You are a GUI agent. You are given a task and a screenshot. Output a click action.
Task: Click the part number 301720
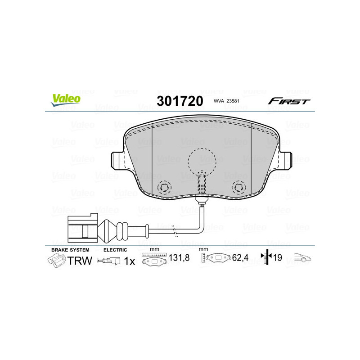pyautogui.click(x=180, y=101)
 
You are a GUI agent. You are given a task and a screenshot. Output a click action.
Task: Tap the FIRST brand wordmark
pyautogui.click(x=289, y=101)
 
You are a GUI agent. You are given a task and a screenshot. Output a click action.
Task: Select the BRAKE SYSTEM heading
pyautogui.click(x=70, y=249)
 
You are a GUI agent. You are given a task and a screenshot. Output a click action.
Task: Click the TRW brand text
pyautogui.click(x=80, y=261)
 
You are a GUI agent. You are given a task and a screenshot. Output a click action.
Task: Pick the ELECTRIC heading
pyautogui.click(x=115, y=249)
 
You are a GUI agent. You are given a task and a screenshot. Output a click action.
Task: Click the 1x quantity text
pyautogui.click(x=129, y=261)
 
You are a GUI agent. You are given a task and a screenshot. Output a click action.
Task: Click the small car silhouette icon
pyautogui.click(x=303, y=258)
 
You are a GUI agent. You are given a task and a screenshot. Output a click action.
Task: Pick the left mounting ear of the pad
pyautogui.click(x=115, y=160)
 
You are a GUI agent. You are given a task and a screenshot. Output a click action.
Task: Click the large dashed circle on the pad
pyautogui.click(x=204, y=161)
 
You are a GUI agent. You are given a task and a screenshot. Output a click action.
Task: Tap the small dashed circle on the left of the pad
pyautogui.click(x=165, y=187)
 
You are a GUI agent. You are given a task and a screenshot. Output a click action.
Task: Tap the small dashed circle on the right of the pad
pyautogui.click(x=238, y=187)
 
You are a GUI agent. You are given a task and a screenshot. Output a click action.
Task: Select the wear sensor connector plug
pyautogui.click(x=81, y=227)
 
